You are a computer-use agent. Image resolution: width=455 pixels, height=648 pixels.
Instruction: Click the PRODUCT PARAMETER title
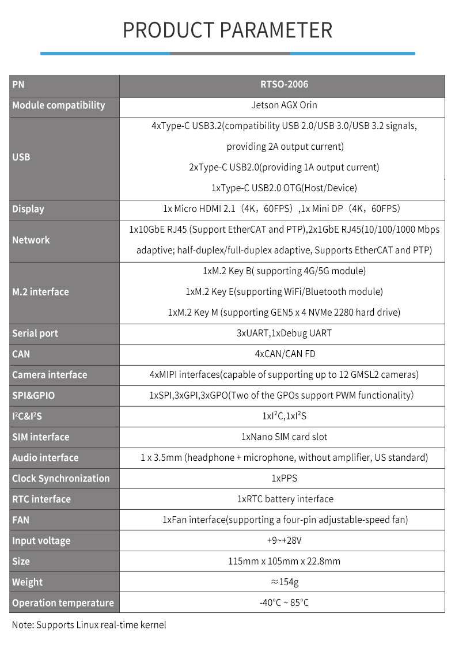click(x=227, y=30)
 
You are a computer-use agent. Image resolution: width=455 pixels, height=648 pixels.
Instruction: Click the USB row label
click(x=21, y=157)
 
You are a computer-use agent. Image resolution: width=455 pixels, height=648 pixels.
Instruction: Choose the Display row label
click(x=28, y=209)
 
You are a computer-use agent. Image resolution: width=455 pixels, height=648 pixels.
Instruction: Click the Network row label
click(x=31, y=240)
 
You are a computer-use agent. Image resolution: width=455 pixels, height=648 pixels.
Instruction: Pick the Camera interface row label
click(x=50, y=375)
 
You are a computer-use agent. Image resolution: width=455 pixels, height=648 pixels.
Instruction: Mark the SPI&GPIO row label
click(x=33, y=396)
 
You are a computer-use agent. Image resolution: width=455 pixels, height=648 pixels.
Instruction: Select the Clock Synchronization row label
click(x=60, y=479)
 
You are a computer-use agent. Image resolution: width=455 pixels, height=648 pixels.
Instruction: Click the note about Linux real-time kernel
click(x=89, y=625)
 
